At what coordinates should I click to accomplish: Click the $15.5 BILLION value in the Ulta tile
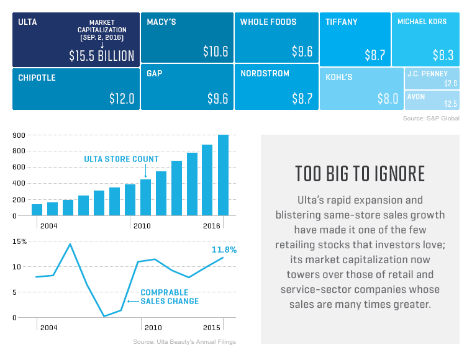[x=101, y=55]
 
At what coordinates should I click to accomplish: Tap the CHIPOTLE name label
[x=37, y=78]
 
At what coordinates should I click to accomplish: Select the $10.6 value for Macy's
[x=216, y=52]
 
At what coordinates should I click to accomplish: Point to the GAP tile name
[x=155, y=73]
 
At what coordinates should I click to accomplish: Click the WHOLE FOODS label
[x=268, y=22]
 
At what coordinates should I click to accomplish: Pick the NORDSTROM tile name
[x=265, y=73]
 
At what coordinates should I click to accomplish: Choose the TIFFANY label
[x=342, y=22]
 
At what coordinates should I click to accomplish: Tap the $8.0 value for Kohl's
[x=388, y=98]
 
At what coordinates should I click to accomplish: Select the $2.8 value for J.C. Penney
[x=450, y=83]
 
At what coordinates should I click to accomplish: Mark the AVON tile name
[x=416, y=97]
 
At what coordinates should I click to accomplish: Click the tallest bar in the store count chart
[x=223, y=175]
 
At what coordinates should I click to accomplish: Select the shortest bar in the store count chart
[x=37, y=210]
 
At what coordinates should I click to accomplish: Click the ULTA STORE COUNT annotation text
[x=121, y=160]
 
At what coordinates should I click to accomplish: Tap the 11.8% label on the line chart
[x=224, y=250]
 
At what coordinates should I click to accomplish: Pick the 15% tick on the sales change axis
[x=20, y=241]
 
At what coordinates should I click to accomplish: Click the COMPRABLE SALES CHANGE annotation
[x=170, y=297]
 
